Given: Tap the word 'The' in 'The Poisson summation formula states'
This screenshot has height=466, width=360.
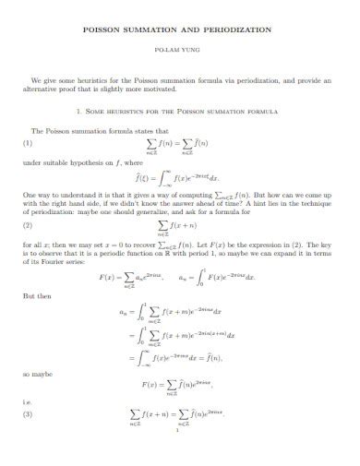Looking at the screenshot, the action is (38, 131).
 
